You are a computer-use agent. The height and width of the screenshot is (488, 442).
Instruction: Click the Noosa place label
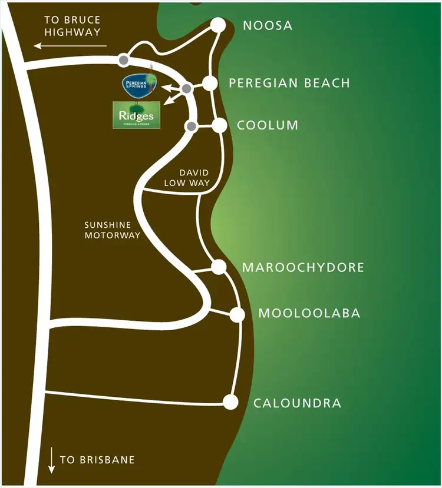pyautogui.click(x=268, y=26)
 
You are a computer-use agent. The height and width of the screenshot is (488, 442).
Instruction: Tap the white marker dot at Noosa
pyautogui.click(x=219, y=25)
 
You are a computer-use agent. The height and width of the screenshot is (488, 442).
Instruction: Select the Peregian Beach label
pyautogui.click(x=289, y=83)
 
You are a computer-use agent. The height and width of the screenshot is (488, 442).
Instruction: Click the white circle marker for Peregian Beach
pyautogui.click(x=210, y=83)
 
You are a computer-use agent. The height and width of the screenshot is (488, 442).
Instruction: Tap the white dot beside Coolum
pyautogui.click(x=220, y=125)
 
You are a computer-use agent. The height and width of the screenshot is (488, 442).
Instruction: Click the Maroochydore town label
pyautogui.click(x=303, y=268)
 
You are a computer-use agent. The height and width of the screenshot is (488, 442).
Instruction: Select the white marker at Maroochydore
pyautogui.click(x=219, y=267)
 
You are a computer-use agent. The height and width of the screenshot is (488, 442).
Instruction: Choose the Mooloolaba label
pyautogui.click(x=309, y=313)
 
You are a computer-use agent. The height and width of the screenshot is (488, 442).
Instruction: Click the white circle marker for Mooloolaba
pyautogui.click(x=238, y=314)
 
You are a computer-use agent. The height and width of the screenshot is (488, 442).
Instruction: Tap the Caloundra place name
pyautogui.click(x=297, y=403)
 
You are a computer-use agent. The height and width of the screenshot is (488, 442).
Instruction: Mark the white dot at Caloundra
pyautogui.click(x=230, y=403)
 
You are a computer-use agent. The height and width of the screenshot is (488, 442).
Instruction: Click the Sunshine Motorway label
pyautogui.click(x=112, y=230)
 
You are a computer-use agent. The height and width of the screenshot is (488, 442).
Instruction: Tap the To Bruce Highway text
pyautogui.click(x=72, y=26)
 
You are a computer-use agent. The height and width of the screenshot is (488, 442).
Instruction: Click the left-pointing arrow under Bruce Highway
pyautogui.click(x=70, y=45)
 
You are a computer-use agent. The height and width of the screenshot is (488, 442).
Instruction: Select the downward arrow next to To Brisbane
pyautogui.click(x=52, y=460)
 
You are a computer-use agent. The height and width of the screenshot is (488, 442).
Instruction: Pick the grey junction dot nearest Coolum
pyautogui.click(x=191, y=127)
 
